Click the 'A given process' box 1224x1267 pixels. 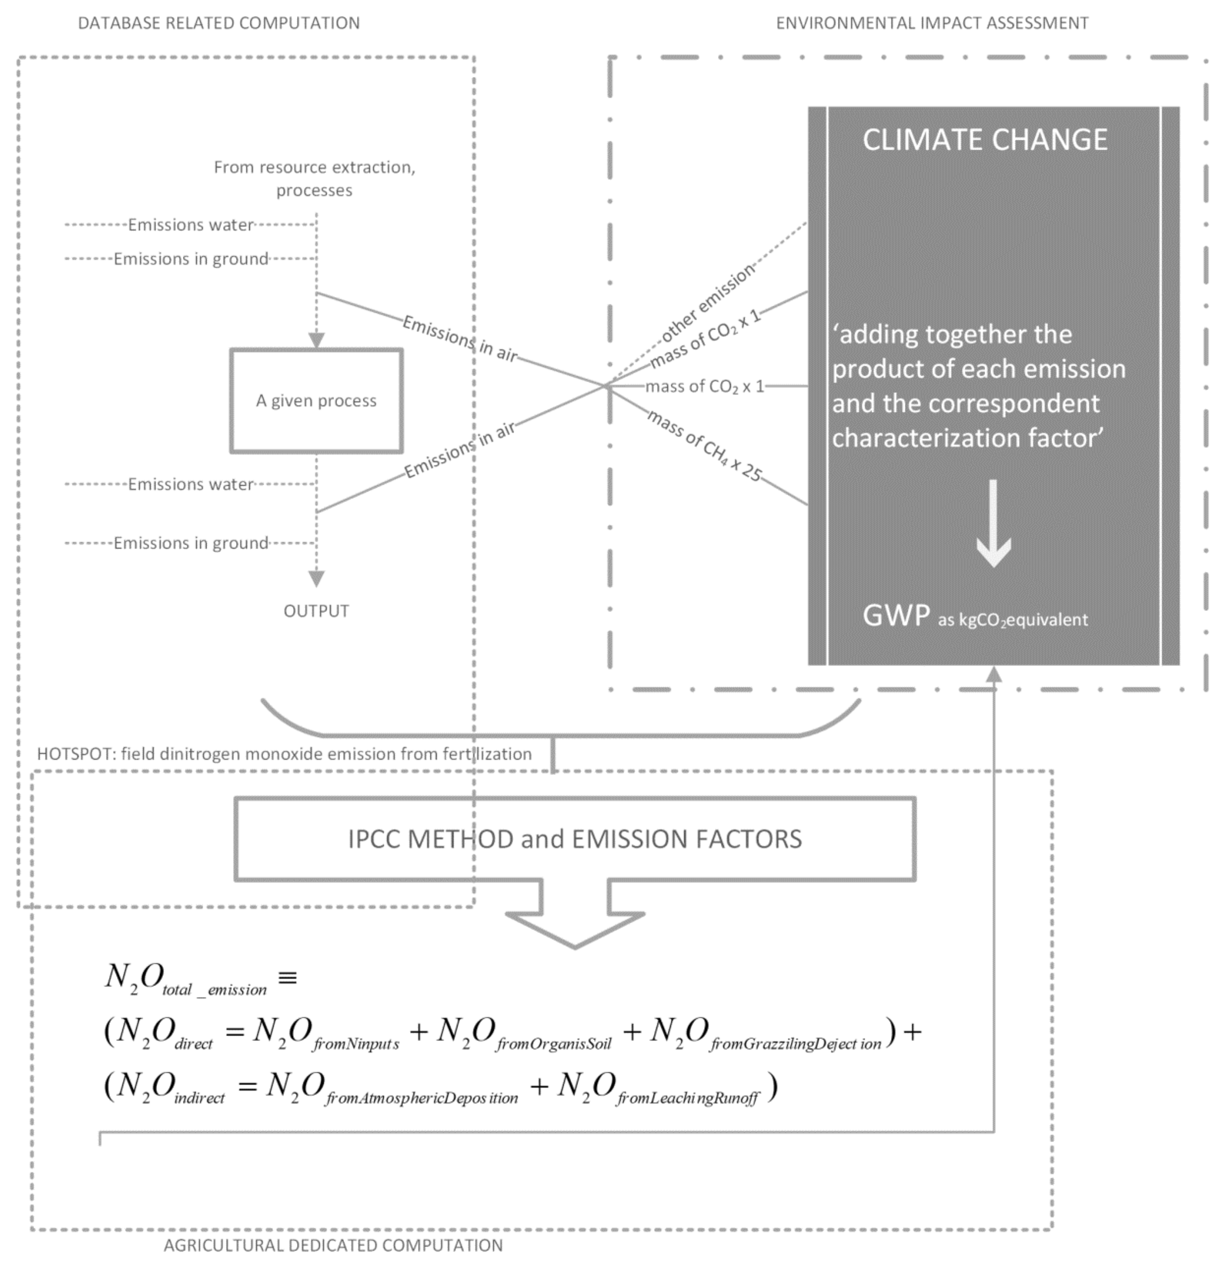(x=316, y=401)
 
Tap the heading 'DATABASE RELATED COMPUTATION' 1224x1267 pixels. (x=219, y=23)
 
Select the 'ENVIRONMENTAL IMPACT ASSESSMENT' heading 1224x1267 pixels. (x=932, y=23)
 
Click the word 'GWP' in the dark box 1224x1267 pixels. (x=896, y=616)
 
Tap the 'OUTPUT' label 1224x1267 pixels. (x=316, y=611)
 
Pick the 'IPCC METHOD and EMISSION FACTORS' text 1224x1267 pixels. (x=575, y=839)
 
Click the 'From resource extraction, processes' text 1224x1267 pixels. (x=315, y=178)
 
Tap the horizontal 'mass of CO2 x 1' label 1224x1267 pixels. (x=704, y=387)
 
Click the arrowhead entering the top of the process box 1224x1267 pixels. (x=316, y=341)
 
